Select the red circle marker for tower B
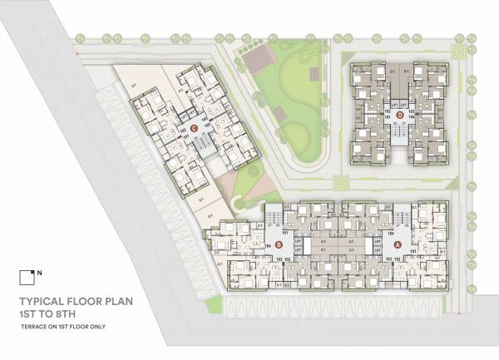[279, 245]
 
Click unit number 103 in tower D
[410, 109]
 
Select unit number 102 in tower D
[388, 109]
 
